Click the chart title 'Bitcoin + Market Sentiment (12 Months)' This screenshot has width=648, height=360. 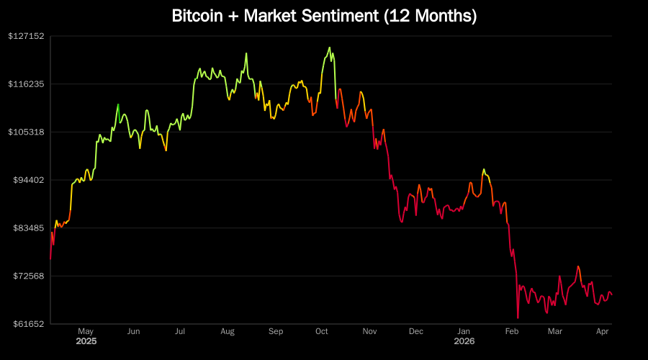click(x=324, y=16)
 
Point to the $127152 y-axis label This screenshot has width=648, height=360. click(x=27, y=36)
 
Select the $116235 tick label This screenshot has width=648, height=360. click(x=27, y=84)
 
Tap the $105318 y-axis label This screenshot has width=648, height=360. click(x=27, y=132)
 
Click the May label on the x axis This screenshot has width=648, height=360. click(x=86, y=331)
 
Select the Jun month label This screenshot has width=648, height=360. click(x=133, y=331)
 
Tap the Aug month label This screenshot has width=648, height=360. click(x=228, y=331)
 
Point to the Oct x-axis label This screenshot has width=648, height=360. click(x=322, y=331)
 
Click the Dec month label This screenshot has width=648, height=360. click(x=416, y=331)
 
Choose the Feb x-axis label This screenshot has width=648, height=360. click(x=512, y=331)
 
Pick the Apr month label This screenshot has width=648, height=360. click(x=603, y=331)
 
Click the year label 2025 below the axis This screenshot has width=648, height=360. click(x=86, y=341)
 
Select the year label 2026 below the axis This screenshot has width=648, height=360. click(x=464, y=341)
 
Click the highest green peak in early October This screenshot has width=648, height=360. click(x=329, y=48)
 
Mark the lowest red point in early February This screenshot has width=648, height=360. click(x=518, y=318)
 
